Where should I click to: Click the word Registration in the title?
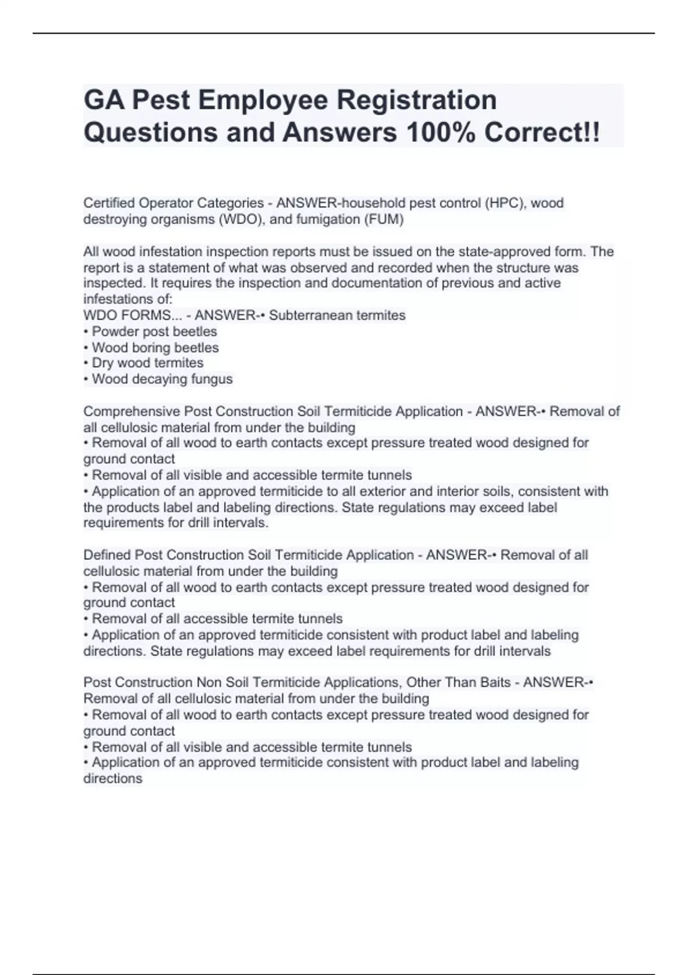[x=416, y=100]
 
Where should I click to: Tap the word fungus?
[x=213, y=379]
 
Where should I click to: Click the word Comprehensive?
[x=131, y=411]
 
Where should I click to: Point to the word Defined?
[x=107, y=555]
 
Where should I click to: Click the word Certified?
[x=109, y=203]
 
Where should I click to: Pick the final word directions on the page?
[x=112, y=779]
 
